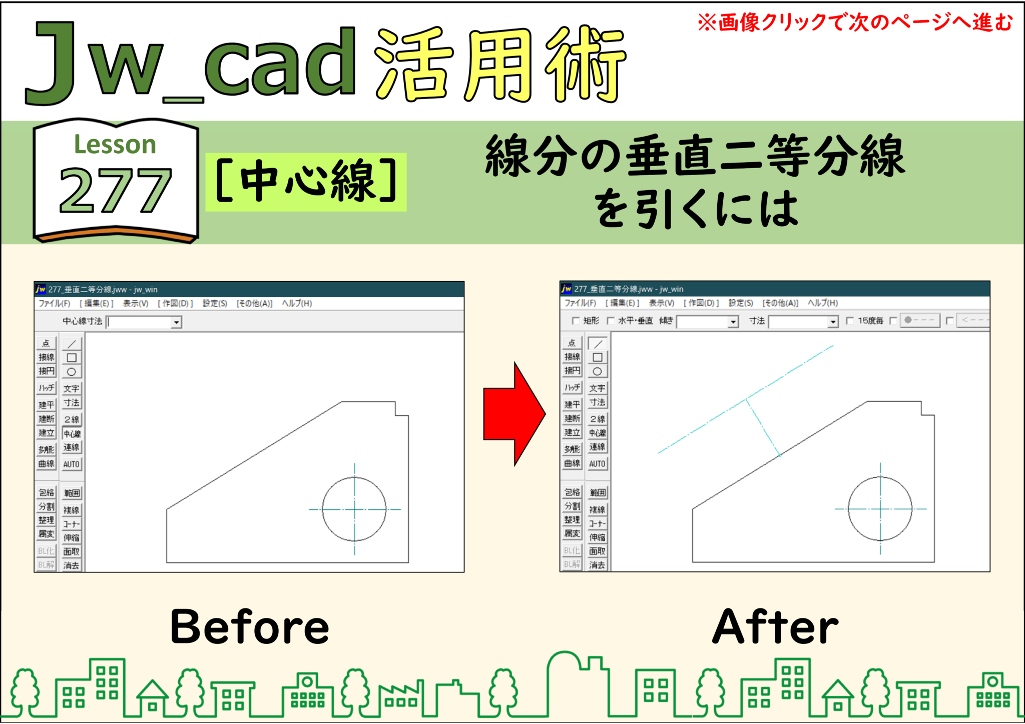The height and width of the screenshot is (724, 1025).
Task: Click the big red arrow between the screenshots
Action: coord(513,414)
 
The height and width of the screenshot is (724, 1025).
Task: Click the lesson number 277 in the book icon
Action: coord(115,190)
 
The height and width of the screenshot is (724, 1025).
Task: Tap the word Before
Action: coord(249,626)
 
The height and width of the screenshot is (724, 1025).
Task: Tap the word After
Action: coord(775,626)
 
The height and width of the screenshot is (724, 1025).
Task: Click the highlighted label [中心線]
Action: coord(306,182)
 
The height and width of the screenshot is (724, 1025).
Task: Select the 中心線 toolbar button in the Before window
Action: coord(72,433)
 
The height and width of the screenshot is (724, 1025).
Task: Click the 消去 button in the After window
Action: coord(597,565)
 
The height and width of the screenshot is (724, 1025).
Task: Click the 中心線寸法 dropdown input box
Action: coord(143,322)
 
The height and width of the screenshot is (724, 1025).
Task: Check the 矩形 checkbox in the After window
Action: coord(576,321)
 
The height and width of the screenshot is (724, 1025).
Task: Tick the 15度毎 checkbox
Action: coord(849,321)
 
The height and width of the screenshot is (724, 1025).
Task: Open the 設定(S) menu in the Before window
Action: coord(215,303)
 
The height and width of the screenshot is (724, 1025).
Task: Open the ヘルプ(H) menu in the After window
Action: coord(822,303)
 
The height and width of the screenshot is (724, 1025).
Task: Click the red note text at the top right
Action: coord(855,23)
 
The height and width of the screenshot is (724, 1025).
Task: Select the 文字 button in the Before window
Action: coord(72,388)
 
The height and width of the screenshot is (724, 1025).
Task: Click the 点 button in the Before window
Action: coord(46,343)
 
